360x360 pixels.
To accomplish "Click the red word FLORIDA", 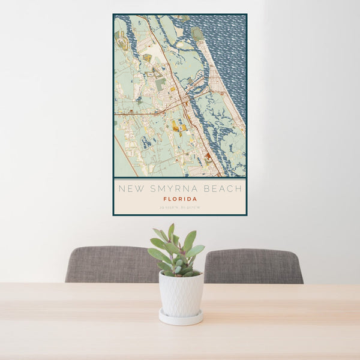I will [180, 199].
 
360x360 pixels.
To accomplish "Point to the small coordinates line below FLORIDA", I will [180, 208].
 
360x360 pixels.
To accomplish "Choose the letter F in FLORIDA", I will [165, 199].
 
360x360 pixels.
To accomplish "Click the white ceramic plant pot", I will [181, 294].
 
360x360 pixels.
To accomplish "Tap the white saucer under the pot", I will [181, 318].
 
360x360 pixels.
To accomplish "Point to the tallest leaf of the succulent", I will [171, 232].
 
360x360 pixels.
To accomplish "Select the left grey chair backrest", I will [111, 264].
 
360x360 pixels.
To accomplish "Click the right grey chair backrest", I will [253, 266].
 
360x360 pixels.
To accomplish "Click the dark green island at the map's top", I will [197, 33].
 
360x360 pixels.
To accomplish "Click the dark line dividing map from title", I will [180, 178].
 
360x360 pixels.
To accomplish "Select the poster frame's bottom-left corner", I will [114, 214].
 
